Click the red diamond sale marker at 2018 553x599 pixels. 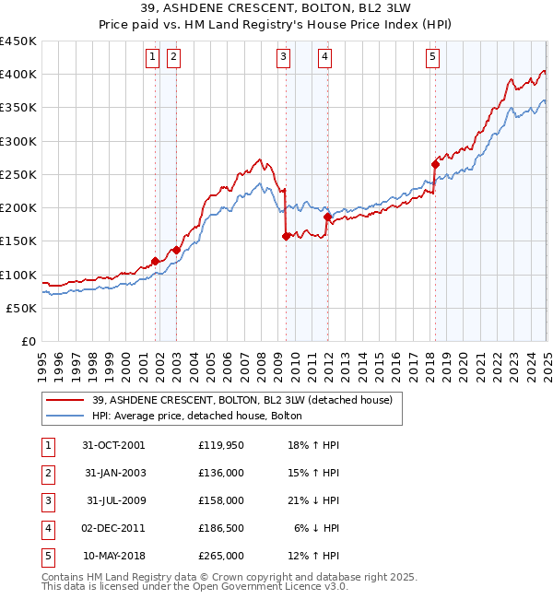click(x=435, y=165)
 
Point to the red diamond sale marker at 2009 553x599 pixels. click(x=286, y=237)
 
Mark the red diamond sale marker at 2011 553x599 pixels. click(x=327, y=217)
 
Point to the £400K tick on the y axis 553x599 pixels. click(x=18, y=75)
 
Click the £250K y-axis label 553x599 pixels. click(x=18, y=174)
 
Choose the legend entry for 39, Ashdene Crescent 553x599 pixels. click(x=242, y=400)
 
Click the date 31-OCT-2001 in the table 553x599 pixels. click(x=114, y=444)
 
